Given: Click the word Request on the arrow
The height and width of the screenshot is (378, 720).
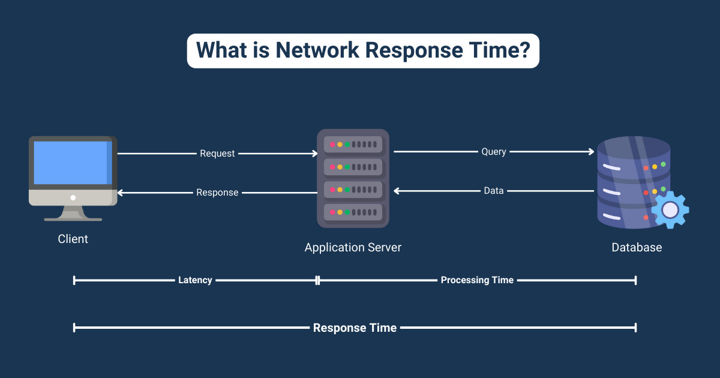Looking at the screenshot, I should [x=217, y=154].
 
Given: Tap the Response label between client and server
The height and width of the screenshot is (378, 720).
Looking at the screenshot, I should [x=217, y=193].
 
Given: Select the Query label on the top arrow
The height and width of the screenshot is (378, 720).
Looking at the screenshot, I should [x=494, y=152].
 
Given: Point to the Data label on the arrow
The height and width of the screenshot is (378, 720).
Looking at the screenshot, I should [x=494, y=191].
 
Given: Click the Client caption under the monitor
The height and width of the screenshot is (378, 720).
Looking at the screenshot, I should [x=73, y=239].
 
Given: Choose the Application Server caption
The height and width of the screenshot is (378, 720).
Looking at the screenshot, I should [x=353, y=247].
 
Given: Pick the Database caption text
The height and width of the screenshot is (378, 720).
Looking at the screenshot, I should [x=637, y=247].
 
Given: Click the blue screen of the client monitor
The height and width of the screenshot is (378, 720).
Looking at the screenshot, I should [x=70, y=163].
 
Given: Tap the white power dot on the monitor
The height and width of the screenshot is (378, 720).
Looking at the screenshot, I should [x=73, y=197].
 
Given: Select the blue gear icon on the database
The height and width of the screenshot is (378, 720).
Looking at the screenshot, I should [x=670, y=209].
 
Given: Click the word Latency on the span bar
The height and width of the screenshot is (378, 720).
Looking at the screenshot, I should [x=195, y=280].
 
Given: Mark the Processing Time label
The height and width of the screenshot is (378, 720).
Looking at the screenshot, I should [x=477, y=280].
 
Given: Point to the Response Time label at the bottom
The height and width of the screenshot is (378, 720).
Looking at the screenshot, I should [x=355, y=328].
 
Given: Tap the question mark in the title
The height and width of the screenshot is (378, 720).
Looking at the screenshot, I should [x=524, y=50].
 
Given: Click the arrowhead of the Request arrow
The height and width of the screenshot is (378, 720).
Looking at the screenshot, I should [x=314, y=154].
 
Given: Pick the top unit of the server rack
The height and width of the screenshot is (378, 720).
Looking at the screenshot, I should [x=353, y=145].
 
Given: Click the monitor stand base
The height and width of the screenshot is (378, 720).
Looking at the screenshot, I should [x=73, y=218].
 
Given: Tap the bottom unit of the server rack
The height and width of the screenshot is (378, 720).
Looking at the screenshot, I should [x=353, y=212].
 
